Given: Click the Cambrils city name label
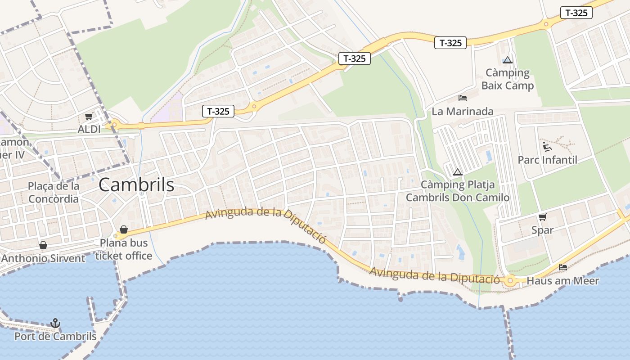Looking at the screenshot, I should [136, 184].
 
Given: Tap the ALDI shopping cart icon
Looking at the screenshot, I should [89, 117].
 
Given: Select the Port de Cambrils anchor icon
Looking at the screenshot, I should [55, 323].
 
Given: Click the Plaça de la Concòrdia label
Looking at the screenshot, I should [53, 192].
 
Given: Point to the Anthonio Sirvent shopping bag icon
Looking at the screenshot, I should [43, 245].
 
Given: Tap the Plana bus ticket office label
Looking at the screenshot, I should [124, 249].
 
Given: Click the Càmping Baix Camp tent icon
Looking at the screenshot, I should [508, 60].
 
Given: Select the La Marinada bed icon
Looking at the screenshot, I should [463, 98].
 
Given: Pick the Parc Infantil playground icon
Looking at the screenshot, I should [547, 147].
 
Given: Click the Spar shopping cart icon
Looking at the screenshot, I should [543, 217].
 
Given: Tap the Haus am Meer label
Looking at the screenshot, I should [562, 281].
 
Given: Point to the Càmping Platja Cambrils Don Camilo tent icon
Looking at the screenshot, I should [458, 172].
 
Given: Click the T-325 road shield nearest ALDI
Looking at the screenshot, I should [218, 111].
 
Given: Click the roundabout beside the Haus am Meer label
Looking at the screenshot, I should [510, 281].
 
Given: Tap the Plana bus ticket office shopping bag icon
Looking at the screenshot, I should [124, 230].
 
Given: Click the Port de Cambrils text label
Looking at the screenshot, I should [55, 336].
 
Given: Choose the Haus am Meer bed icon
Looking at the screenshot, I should [562, 267].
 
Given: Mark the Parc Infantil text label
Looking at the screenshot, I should [547, 160].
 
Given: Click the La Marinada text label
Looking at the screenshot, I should [463, 111].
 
